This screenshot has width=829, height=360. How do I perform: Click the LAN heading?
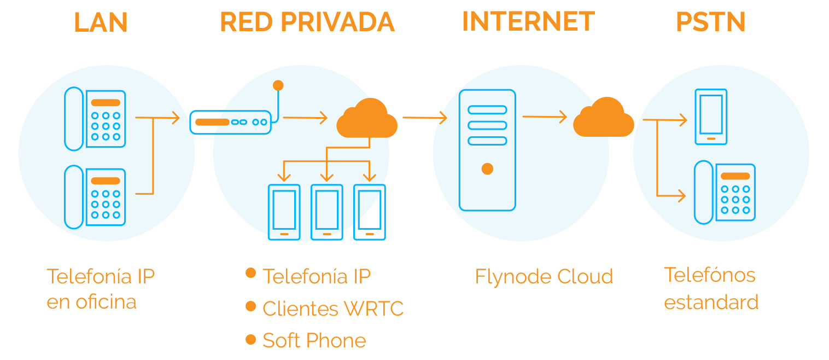(101, 22)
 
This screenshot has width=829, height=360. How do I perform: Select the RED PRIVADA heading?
(307, 22)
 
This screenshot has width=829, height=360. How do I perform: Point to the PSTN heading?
(710, 22)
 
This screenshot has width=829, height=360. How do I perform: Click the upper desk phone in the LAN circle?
(95, 119)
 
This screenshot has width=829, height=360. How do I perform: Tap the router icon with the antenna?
(230, 122)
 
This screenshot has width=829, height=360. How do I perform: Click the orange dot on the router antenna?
(278, 85)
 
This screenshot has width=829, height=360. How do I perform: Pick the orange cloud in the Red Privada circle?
(366, 119)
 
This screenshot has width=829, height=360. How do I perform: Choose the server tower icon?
(487, 150)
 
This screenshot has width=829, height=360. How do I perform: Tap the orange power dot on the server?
(487, 169)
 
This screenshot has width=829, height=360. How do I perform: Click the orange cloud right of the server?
(603, 118)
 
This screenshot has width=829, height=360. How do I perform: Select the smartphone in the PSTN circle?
(711, 117)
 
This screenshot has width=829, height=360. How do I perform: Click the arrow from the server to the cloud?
(544, 117)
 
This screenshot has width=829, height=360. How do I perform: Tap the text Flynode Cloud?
(544, 277)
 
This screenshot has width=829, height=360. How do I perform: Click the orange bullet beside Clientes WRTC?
(251, 306)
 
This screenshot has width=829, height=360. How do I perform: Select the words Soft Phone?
(314, 340)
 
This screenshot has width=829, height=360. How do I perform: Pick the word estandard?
(711, 302)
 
